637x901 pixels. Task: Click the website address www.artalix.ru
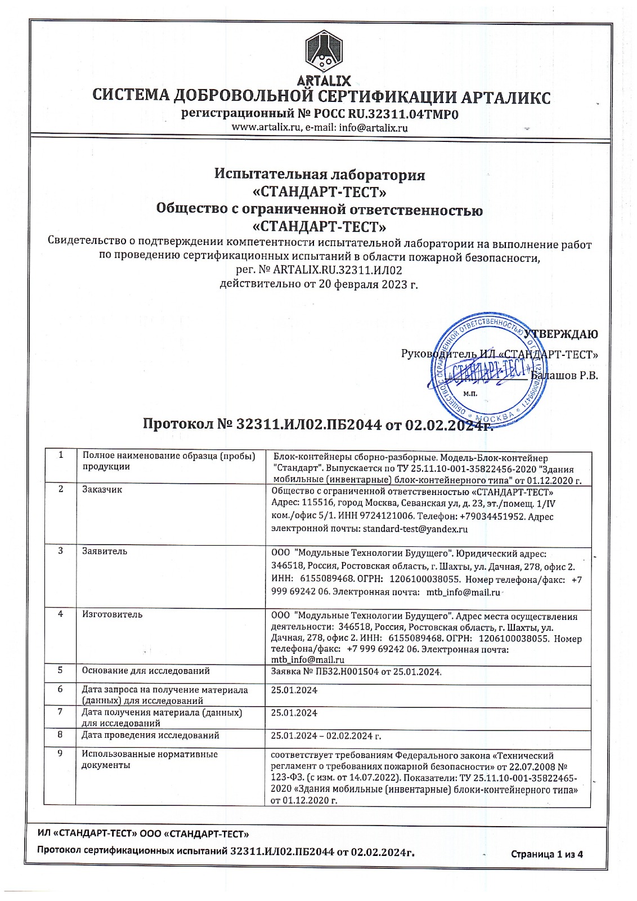(x=267, y=128)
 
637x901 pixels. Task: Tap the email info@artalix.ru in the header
(x=373, y=128)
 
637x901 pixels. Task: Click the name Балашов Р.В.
(x=565, y=375)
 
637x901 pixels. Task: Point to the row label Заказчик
(x=102, y=489)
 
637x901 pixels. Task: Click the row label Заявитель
(x=105, y=551)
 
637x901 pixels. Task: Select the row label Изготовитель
(x=112, y=614)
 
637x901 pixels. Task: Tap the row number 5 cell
(x=60, y=670)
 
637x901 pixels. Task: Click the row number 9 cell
(x=60, y=753)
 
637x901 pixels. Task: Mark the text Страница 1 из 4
(x=546, y=854)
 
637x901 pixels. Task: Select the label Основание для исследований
(x=146, y=671)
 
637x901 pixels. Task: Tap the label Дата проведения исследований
(x=150, y=735)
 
